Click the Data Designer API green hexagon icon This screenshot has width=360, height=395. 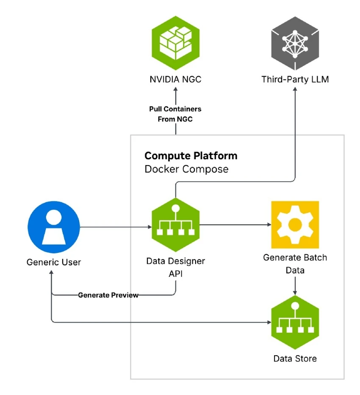[x=175, y=226]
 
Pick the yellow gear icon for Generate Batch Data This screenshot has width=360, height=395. [x=295, y=224]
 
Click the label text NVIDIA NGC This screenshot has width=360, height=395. [x=175, y=80]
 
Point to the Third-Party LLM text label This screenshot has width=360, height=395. [x=295, y=80]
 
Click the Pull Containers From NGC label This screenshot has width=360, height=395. [x=175, y=114]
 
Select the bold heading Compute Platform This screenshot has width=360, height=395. [x=191, y=155]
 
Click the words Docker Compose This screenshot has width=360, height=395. [x=186, y=169]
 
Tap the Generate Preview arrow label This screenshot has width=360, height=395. [x=108, y=295]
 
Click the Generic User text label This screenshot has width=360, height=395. [x=54, y=262]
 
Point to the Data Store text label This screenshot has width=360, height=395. [x=295, y=359]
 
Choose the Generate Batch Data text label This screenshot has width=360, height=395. [x=295, y=263]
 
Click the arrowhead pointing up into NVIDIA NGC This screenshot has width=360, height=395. [x=175, y=91]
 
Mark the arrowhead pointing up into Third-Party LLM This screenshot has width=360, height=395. [x=295, y=91]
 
